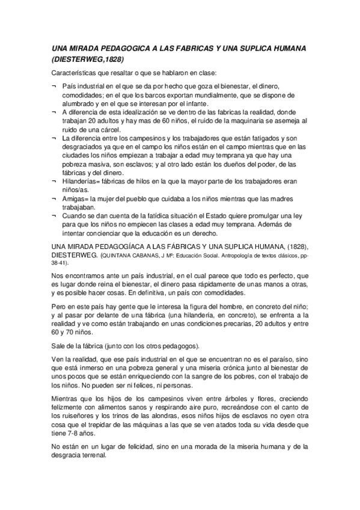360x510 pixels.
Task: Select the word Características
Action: [x=76, y=73]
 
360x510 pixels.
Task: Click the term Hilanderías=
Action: [x=82, y=181]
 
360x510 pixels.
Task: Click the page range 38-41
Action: [x=59, y=263]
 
